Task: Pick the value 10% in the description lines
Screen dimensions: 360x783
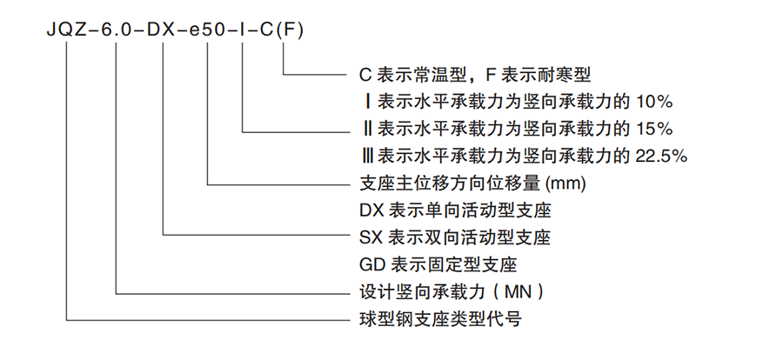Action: point(654,100)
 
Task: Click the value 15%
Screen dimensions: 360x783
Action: point(654,128)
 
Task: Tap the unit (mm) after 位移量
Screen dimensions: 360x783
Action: point(565,183)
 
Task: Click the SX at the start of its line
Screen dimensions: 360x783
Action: point(370,237)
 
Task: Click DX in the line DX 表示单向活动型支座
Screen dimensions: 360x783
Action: point(371,210)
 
